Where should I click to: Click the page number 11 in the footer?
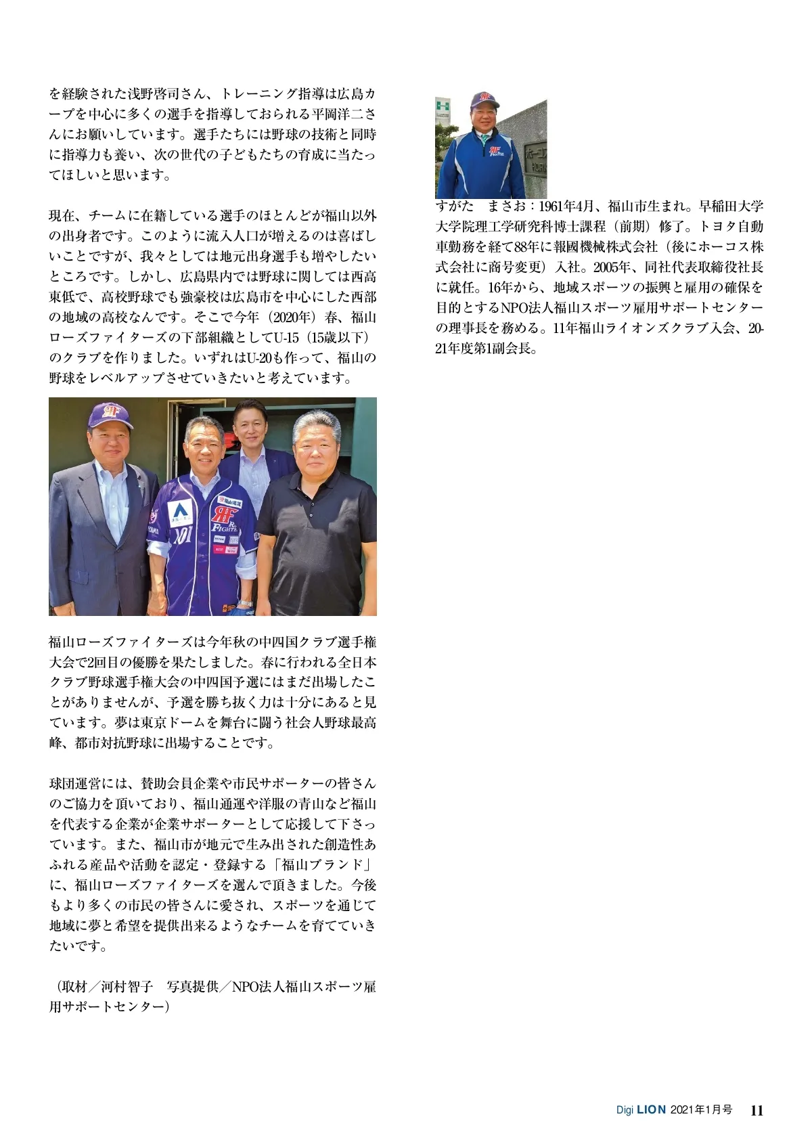click(757, 1111)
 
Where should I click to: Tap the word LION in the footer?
click(652, 1111)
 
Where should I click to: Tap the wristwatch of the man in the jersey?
click(244, 604)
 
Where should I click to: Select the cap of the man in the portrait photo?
click(484, 100)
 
